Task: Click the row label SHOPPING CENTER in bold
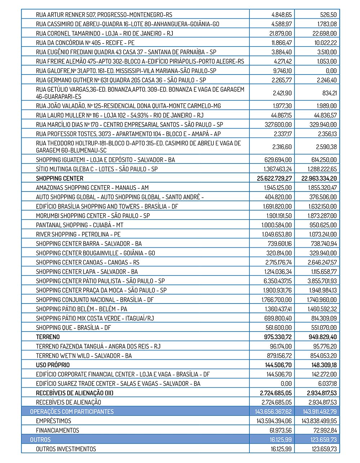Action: click(59, 178)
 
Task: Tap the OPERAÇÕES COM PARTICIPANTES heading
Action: click(72, 412)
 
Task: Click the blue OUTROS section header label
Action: click(40, 440)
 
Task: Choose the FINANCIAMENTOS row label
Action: click(57, 430)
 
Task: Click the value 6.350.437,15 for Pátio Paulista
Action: click(276, 281)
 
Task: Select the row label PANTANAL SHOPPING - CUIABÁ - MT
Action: click(80, 225)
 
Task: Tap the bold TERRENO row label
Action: click(48, 337)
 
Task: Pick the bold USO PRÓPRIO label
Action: click(53, 365)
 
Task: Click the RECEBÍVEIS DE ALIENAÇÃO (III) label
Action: click(75, 393)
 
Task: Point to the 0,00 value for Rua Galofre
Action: click(331, 71)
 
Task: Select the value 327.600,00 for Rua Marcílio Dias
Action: click(278, 125)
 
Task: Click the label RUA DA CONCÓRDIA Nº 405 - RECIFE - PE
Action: click(85, 43)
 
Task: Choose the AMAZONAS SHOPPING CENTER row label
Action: click(92, 188)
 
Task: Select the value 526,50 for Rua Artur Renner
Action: click(328, 15)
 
